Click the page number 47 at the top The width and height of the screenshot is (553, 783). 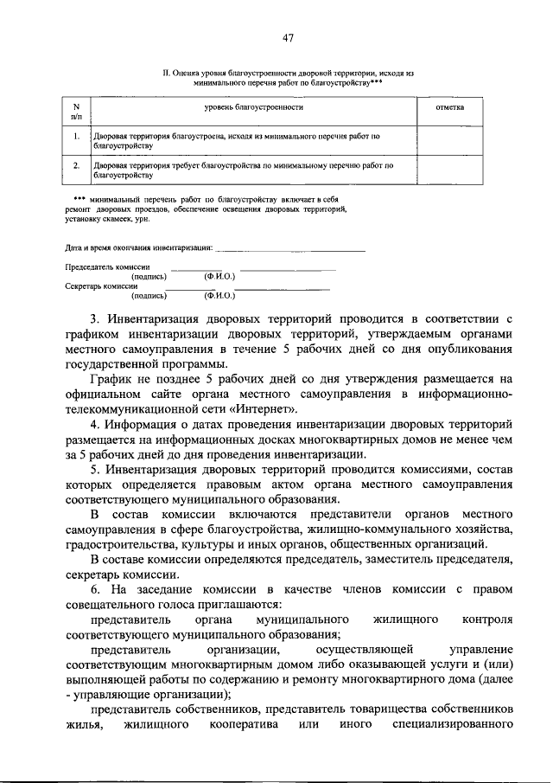288,37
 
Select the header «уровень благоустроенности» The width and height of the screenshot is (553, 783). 252,108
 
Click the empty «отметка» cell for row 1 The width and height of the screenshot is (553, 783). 452,141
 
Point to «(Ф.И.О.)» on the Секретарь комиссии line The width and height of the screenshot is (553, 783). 219,294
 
